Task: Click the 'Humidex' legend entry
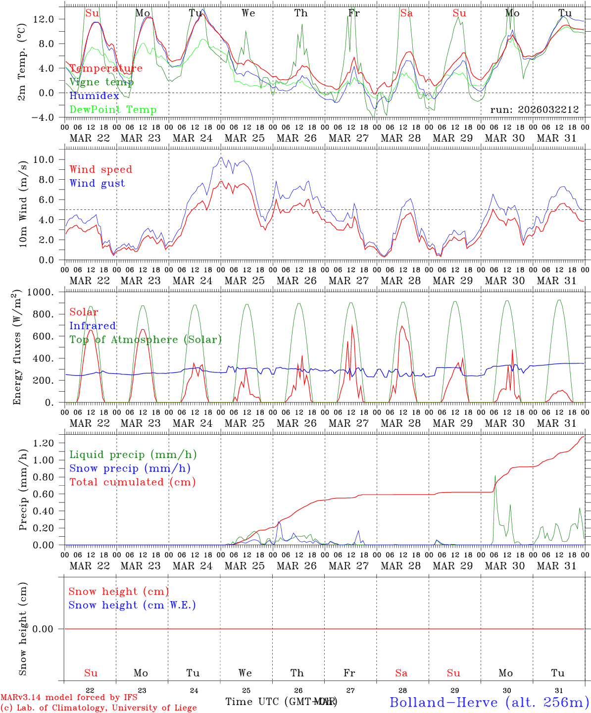94,96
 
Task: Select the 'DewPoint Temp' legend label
113,110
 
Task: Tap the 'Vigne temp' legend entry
101,82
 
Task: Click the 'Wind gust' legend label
97,183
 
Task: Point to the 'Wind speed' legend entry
100,169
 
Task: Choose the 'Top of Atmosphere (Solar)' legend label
145,340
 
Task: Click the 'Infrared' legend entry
93,326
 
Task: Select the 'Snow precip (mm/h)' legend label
130,468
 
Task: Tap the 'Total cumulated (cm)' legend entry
132,482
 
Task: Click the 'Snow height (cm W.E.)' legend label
132,605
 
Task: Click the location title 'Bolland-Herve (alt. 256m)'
489,702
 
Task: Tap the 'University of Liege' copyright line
98,708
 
